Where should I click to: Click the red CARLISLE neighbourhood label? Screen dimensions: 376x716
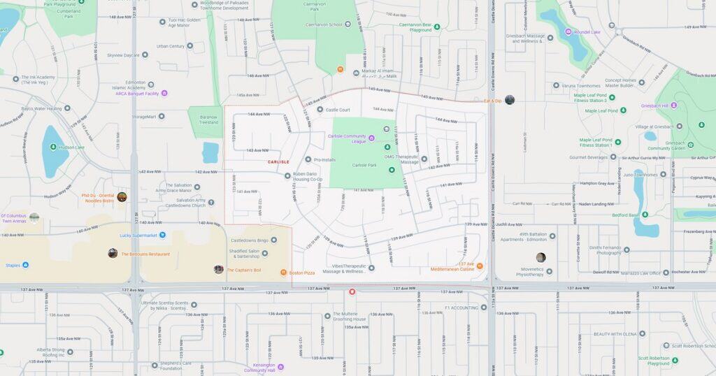coord(278,161)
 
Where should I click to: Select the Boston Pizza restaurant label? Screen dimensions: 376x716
coord(301,273)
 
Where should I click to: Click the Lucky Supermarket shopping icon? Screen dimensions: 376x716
coord(162,236)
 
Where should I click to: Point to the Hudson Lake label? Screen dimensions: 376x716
coord(72,147)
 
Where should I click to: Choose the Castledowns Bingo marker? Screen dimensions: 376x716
coord(273,240)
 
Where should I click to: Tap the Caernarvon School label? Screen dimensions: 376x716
coord(324,24)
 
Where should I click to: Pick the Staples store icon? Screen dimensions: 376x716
coord(26,265)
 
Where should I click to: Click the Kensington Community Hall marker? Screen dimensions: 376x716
coord(280,366)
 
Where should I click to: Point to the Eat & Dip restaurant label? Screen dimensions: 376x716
coord(493,101)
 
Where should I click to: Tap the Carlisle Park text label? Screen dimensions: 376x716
coord(364,165)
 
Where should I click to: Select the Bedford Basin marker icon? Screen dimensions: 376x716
coord(644,215)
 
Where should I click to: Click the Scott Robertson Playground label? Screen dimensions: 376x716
coord(654,361)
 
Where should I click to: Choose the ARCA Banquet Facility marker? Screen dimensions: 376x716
coord(164,93)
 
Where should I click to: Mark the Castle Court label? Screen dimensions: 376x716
coord(338,110)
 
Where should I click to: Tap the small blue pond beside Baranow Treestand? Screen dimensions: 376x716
coord(210,152)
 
